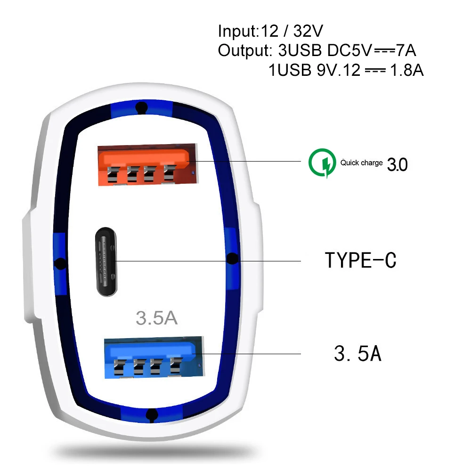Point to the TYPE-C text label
(x=361, y=260)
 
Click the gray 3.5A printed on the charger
(x=156, y=318)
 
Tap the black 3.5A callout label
(x=357, y=354)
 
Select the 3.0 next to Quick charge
(x=397, y=164)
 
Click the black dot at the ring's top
(x=140, y=108)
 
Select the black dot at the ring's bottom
(x=151, y=414)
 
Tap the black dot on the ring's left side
(x=60, y=263)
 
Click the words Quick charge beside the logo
(x=362, y=163)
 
